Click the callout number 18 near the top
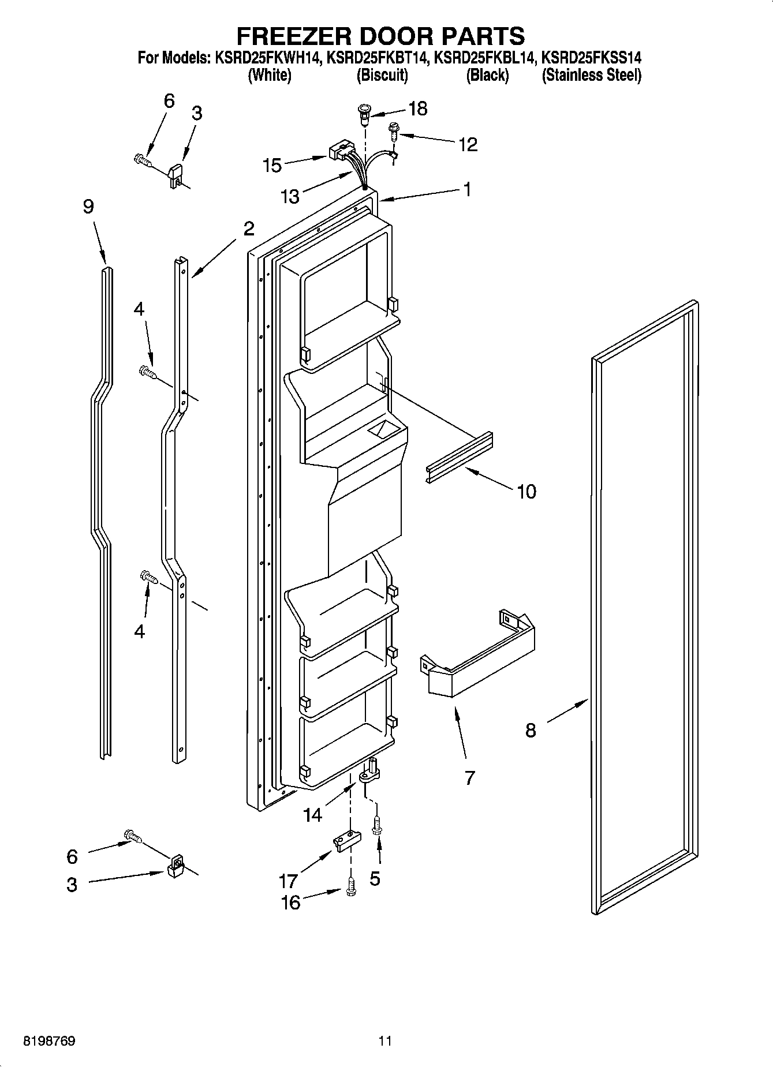(x=418, y=108)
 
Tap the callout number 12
(x=468, y=144)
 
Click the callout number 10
(x=526, y=492)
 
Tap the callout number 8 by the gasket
(x=531, y=731)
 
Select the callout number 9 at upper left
(x=88, y=207)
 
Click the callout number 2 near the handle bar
(x=248, y=229)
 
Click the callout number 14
(x=312, y=814)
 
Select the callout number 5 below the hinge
(x=375, y=878)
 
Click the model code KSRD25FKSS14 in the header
(x=591, y=58)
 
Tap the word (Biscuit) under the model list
(x=382, y=75)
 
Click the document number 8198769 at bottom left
(x=48, y=1041)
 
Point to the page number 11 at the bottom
(x=385, y=1041)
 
